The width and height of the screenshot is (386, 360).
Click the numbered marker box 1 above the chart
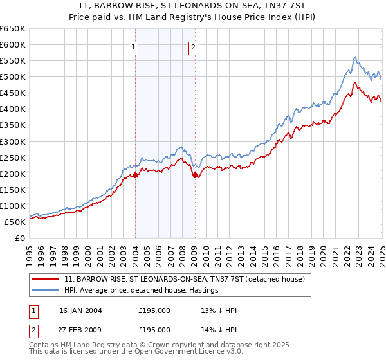click(133, 46)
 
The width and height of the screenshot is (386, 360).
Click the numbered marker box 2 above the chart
click(193, 46)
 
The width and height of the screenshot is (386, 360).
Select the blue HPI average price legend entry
click(142, 290)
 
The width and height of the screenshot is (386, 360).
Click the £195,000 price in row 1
click(154, 310)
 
